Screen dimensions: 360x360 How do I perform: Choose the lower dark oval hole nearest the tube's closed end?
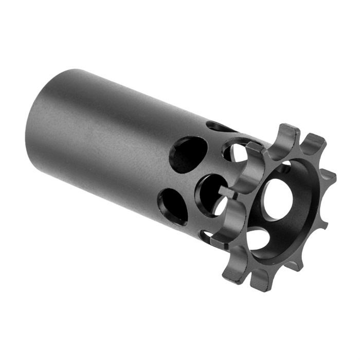tap(174, 206)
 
